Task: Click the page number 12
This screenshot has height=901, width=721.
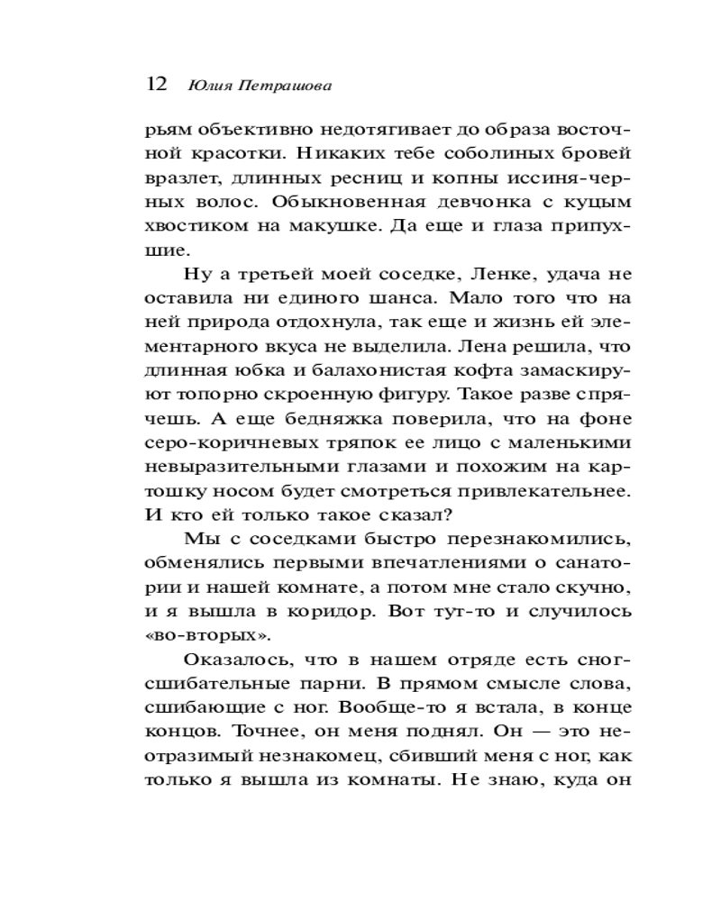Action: click(156, 85)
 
